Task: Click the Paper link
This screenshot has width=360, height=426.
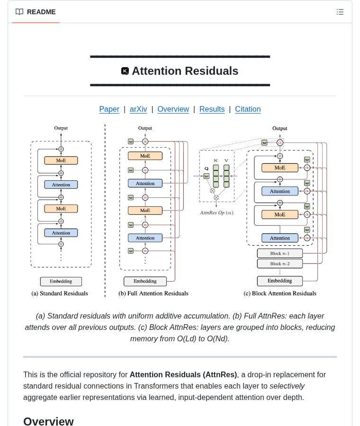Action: click(x=109, y=109)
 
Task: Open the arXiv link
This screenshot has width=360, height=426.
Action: click(x=138, y=109)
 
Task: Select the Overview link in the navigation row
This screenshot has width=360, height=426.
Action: click(x=173, y=109)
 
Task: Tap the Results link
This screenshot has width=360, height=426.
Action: click(x=212, y=109)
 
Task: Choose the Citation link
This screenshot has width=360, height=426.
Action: click(x=248, y=109)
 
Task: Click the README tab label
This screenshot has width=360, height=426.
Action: click(x=41, y=12)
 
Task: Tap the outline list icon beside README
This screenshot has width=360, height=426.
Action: click(x=340, y=12)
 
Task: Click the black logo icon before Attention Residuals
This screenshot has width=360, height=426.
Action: click(x=125, y=71)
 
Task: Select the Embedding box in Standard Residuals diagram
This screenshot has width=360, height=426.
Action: click(x=61, y=281)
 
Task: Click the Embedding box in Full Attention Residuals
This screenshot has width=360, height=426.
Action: click(x=145, y=281)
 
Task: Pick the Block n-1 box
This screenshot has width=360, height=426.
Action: click(x=279, y=253)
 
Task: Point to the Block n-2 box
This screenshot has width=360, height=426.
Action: click(x=279, y=264)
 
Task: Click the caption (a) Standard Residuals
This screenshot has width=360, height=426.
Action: click(x=60, y=293)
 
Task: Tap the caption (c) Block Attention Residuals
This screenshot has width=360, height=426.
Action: click(x=279, y=293)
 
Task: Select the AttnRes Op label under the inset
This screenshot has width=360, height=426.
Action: click(x=216, y=213)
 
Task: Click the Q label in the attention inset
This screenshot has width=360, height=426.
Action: click(x=206, y=169)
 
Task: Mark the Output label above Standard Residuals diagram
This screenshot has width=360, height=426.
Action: click(x=61, y=128)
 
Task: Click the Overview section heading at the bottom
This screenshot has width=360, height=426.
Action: click(x=48, y=421)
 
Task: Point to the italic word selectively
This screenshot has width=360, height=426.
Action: click(x=287, y=386)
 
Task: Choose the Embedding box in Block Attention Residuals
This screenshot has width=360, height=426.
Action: click(x=279, y=281)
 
